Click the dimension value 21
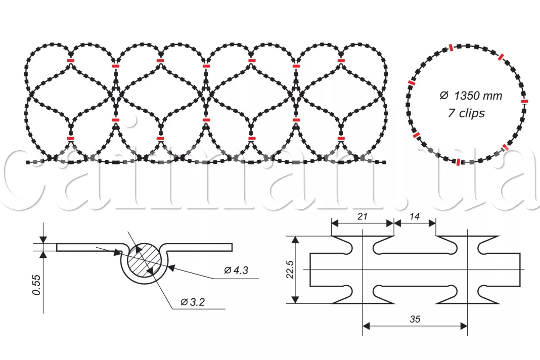click(x=363, y=216)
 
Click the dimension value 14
click(x=415, y=216)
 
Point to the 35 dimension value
click(x=415, y=320)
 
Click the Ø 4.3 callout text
click(x=236, y=271)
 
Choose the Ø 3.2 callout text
click(x=193, y=302)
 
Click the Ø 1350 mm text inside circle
click(x=470, y=96)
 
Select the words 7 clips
click(x=466, y=113)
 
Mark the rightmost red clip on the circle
click(x=524, y=101)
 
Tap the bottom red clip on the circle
click(x=458, y=162)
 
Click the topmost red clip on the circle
click(x=449, y=48)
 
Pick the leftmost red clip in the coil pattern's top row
click(x=70, y=61)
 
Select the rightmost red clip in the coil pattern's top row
click(x=342, y=61)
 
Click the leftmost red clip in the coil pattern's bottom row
click(x=70, y=138)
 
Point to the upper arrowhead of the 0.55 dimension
click(x=43, y=240)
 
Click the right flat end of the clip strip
click(x=519, y=270)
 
